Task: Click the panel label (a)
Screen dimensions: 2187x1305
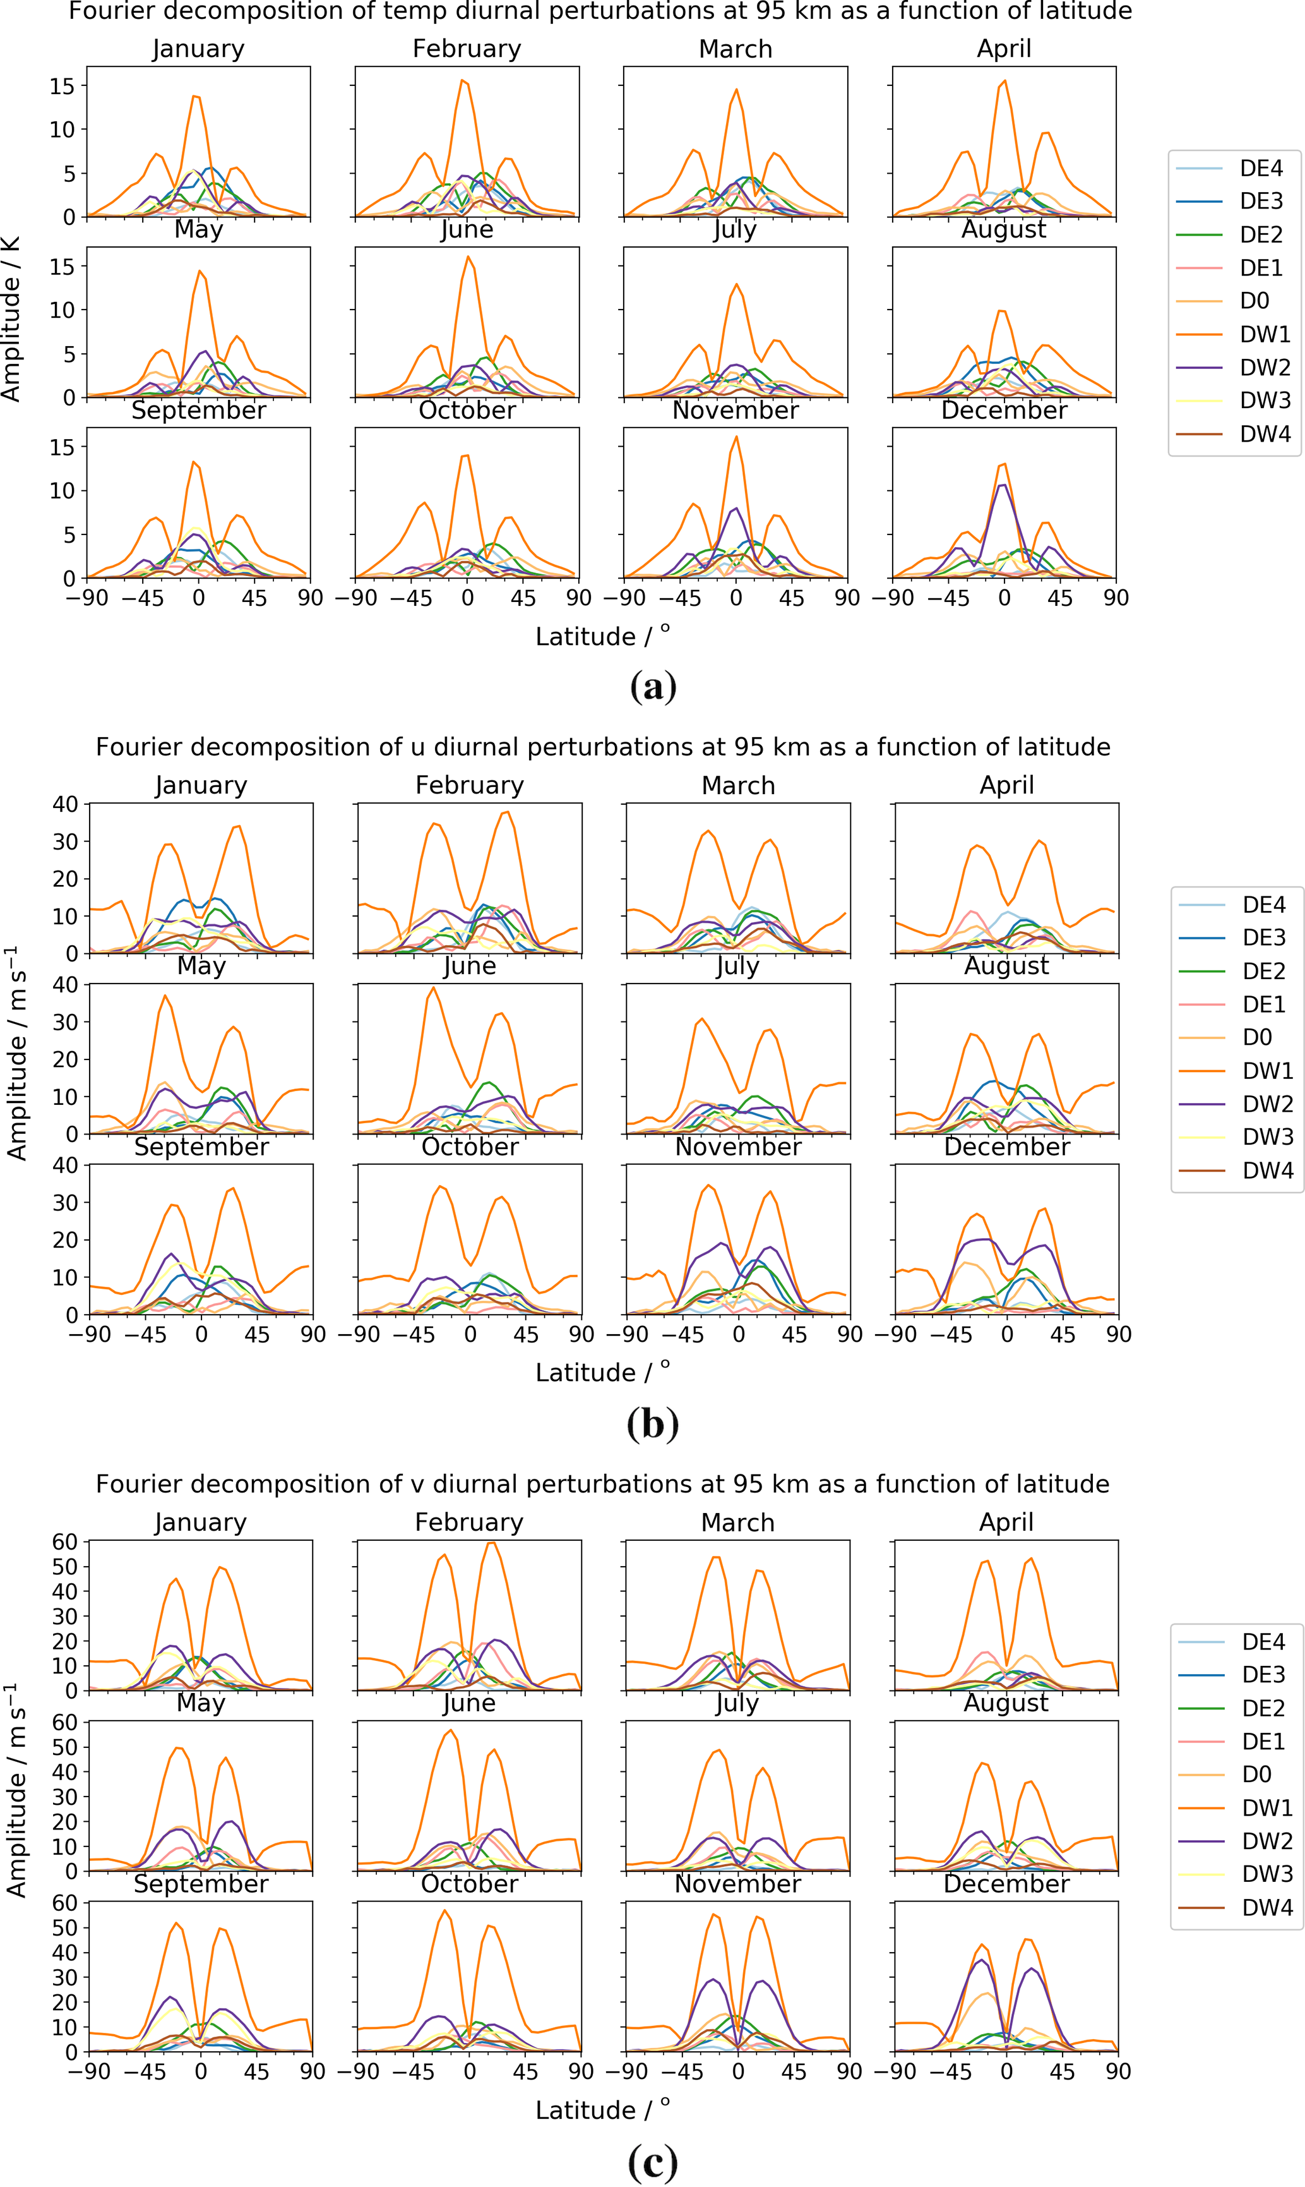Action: [653, 686]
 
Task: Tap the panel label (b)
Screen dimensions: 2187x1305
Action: [653, 1423]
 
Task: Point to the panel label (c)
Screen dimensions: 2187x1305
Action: [653, 2160]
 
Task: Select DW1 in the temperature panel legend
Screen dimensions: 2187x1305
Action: [1265, 334]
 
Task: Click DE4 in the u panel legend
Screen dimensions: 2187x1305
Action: [1264, 905]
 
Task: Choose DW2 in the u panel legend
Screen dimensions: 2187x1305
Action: [1267, 1104]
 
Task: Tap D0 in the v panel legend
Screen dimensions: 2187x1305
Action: [1256, 1774]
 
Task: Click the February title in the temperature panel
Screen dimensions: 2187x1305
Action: [467, 49]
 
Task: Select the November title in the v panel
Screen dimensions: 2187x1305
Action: [737, 1884]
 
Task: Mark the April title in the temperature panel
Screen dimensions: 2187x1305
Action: [1003, 49]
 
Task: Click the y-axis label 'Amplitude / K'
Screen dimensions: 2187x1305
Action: [11, 318]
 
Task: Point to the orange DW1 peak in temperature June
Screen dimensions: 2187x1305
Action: [468, 257]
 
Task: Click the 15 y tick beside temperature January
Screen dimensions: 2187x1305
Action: [63, 86]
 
